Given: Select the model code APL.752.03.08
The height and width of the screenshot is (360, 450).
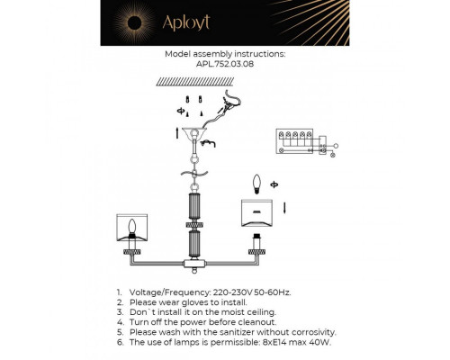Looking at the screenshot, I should click(x=224, y=65).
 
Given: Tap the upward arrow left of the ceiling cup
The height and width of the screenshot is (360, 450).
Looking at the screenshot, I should click(x=176, y=135).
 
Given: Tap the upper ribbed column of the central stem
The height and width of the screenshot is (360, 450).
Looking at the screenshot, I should click(x=191, y=208).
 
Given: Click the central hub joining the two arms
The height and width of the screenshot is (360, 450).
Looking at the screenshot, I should click(x=191, y=264).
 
